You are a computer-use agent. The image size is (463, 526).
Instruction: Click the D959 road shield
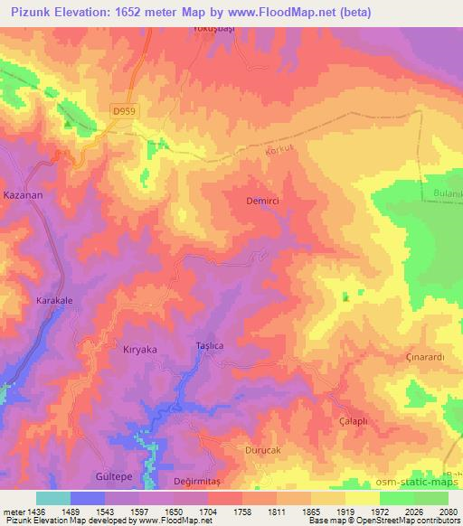126,110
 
